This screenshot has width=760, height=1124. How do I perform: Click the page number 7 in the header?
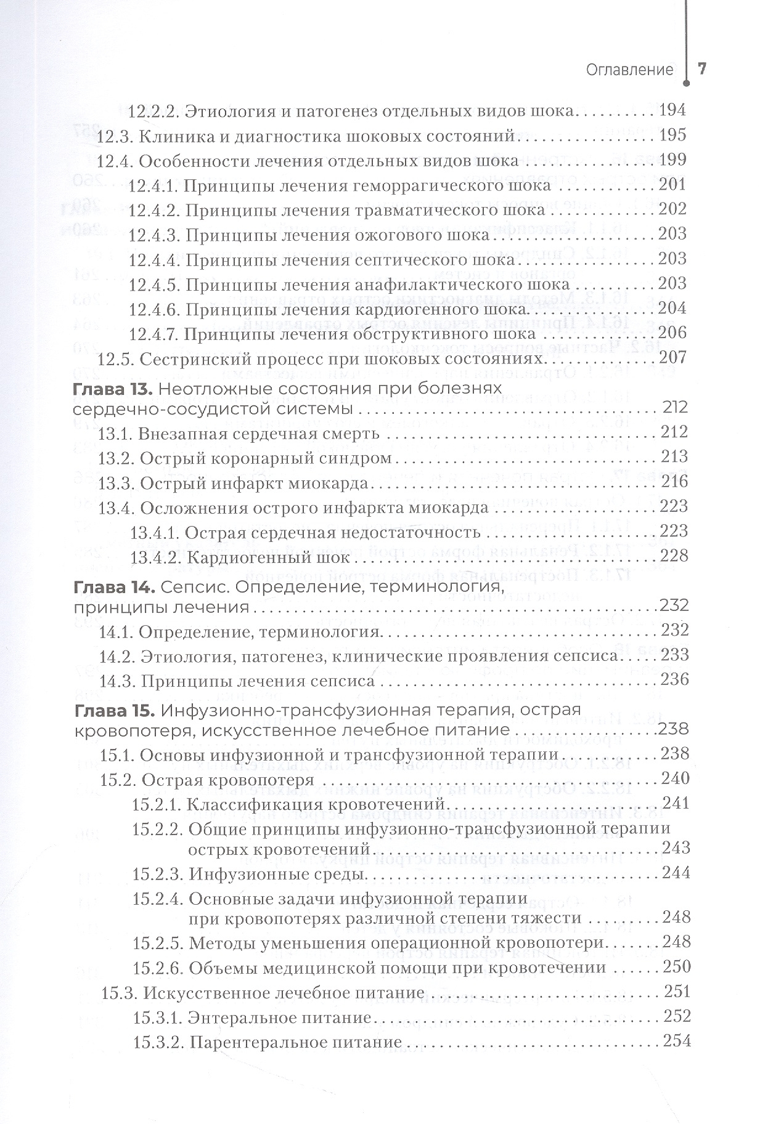click(701, 69)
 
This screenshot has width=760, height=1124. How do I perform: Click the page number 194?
click(672, 111)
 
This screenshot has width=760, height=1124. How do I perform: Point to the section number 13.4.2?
click(155, 557)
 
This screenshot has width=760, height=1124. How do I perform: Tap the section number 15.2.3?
click(157, 873)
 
